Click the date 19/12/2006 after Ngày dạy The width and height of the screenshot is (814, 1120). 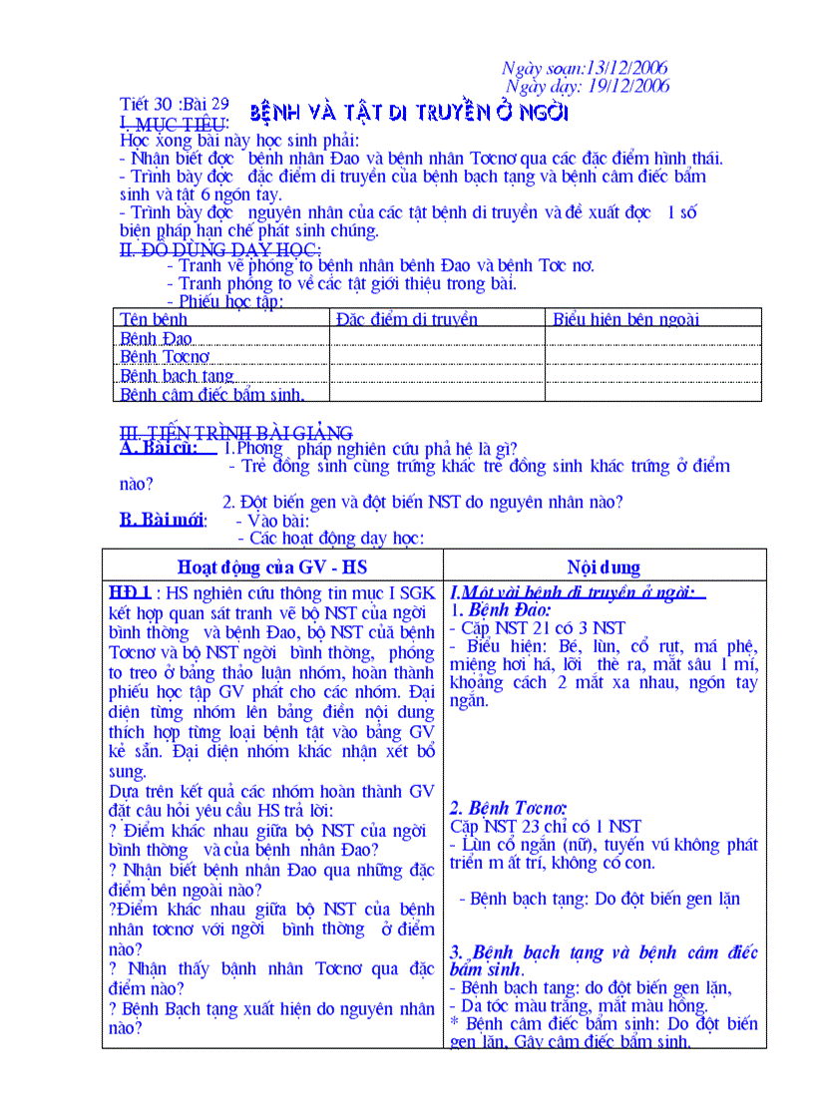pyautogui.click(x=629, y=86)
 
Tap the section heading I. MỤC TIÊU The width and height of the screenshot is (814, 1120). pyautogui.click(x=174, y=123)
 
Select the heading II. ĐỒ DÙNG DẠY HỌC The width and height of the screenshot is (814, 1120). pyautogui.click(x=219, y=249)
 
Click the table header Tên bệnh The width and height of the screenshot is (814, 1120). pyautogui.click(x=154, y=319)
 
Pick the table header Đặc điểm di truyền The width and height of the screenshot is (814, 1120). pyautogui.click(x=406, y=319)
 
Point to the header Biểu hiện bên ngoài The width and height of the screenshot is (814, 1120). pyautogui.click(x=625, y=319)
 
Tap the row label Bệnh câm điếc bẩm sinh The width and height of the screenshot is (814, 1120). pyautogui.click(x=211, y=395)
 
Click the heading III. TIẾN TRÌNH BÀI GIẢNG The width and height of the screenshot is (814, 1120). pyautogui.click(x=235, y=433)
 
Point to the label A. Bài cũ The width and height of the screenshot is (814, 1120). pyautogui.click(x=156, y=449)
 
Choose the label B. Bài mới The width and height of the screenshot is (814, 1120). pyautogui.click(x=163, y=520)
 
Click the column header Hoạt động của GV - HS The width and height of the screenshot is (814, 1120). pyautogui.click(x=272, y=567)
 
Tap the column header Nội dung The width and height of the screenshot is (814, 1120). pyautogui.click(x=604, y=567)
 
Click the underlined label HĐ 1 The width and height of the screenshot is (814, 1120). pyautogui.click(x=131, y=592)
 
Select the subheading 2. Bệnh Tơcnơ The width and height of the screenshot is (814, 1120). pyautogui.click(x=508, y=808)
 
